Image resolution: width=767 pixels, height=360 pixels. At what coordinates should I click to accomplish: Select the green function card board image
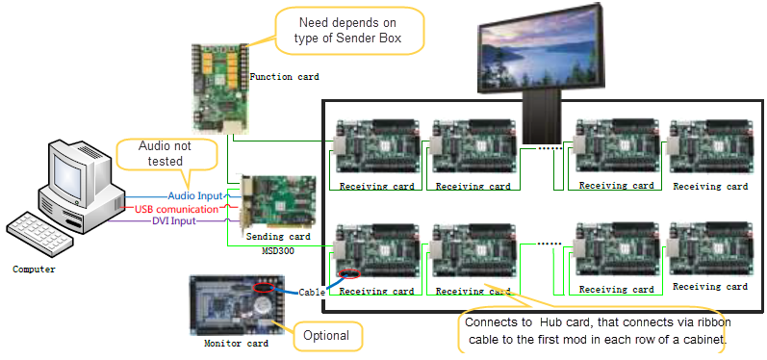[x=218, y=86]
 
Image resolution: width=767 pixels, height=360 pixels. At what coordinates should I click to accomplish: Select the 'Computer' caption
[x=34, y=270]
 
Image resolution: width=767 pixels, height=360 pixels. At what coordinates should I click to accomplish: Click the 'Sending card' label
[x=278, y=236]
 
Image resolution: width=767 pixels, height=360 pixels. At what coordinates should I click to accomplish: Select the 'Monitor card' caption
[x=235, y=343]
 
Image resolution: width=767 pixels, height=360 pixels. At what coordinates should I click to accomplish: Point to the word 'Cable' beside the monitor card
[x=311, y=292]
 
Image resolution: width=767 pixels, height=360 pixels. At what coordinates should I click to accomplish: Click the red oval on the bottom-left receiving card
[x=350, y=276]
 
